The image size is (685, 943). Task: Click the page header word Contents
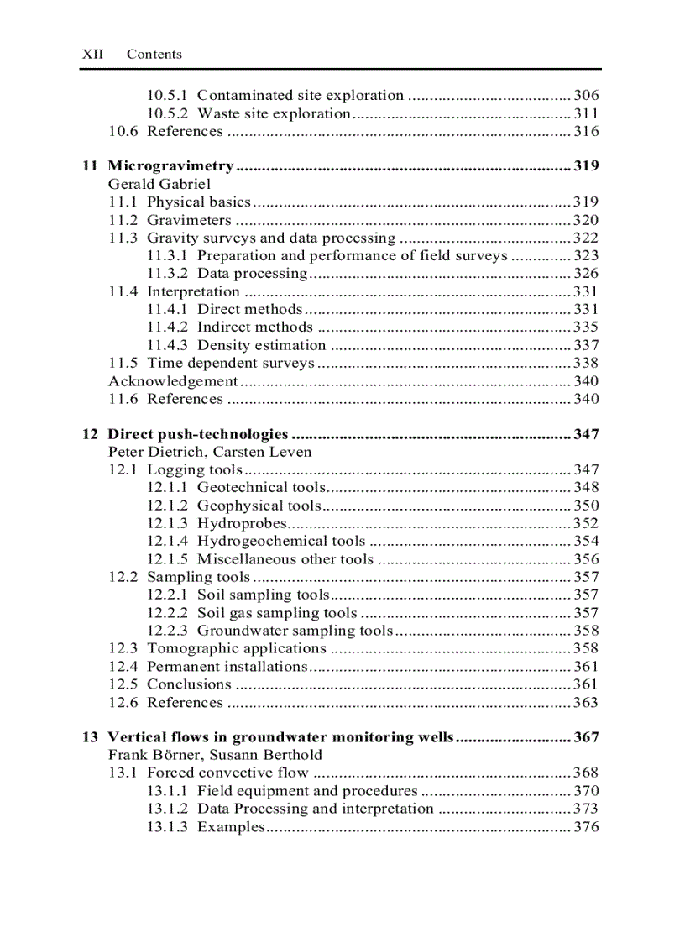[154, 55]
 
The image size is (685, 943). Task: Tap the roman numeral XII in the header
[92, 55]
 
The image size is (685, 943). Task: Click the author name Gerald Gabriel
[159, 184]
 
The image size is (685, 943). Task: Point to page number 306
[586, 96]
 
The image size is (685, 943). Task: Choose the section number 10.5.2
[168, 113]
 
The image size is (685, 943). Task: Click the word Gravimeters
[189, 220]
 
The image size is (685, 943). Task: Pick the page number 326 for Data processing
[586, 274]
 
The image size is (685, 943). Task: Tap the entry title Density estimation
[261, 345]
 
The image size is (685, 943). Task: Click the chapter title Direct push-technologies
[198, 435]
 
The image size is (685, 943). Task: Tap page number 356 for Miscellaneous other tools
[586, 559]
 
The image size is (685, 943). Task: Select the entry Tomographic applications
[236, 648]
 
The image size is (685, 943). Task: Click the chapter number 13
[90, 738]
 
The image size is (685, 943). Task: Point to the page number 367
[586, 738]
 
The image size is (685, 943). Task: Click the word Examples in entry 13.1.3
[230, 827]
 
